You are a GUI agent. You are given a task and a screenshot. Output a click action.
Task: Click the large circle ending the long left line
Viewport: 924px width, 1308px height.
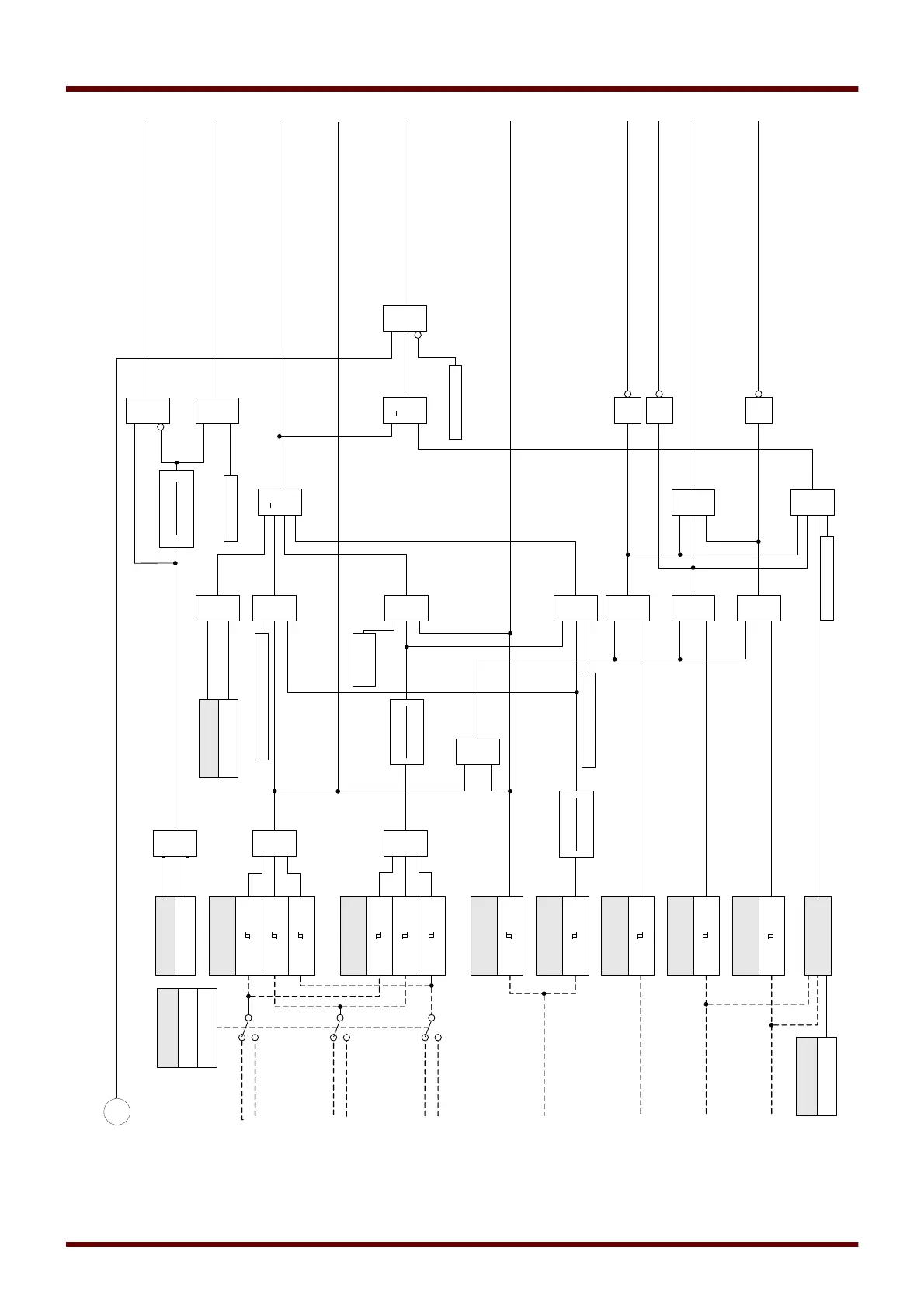(117, 1111)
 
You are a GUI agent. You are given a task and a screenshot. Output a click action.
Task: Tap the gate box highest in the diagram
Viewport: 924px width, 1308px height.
(405, 318)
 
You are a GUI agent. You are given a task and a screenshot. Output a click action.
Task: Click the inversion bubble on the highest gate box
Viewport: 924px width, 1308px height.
(418, 335)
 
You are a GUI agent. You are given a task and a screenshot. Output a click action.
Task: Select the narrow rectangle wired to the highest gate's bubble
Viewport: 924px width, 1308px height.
(455, 402)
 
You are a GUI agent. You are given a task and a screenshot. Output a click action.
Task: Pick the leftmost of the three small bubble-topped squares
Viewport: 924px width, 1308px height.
(627, 411)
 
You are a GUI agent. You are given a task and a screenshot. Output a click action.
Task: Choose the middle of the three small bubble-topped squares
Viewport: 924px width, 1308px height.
(659, 411)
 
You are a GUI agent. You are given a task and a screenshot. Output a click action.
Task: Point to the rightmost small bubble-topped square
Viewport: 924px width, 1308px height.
(759, 411)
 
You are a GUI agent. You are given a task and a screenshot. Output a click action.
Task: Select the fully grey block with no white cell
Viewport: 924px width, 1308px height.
(818, 935)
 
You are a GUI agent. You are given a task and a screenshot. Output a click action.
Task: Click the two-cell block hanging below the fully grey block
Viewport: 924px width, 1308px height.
(816, 1076)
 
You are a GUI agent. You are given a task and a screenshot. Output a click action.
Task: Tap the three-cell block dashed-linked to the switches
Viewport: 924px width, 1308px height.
(186, 1027)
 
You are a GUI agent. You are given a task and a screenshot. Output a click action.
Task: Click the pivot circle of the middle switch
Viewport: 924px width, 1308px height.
(340, 1018)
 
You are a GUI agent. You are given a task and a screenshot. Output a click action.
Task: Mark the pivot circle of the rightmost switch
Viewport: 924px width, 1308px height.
(432, 1018)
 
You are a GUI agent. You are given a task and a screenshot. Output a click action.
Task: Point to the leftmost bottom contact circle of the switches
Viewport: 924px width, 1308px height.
(242, 1038)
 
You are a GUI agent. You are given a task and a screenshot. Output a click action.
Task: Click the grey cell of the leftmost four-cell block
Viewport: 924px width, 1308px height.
(223, 935)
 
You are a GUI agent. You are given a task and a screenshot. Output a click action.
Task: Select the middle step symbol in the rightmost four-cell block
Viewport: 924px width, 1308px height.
(405, 935)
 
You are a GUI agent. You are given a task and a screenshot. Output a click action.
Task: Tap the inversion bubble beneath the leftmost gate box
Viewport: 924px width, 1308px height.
(161, 426)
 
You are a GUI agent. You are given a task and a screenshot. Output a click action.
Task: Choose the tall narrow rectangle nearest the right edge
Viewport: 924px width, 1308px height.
(827, 578)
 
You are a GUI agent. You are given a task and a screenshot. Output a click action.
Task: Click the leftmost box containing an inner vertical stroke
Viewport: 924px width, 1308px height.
(176, 509)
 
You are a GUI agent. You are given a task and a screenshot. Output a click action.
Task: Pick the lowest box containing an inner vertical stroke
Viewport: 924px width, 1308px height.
(576, 823)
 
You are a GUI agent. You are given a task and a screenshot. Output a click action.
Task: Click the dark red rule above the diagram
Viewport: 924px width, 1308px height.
(462, 89)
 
